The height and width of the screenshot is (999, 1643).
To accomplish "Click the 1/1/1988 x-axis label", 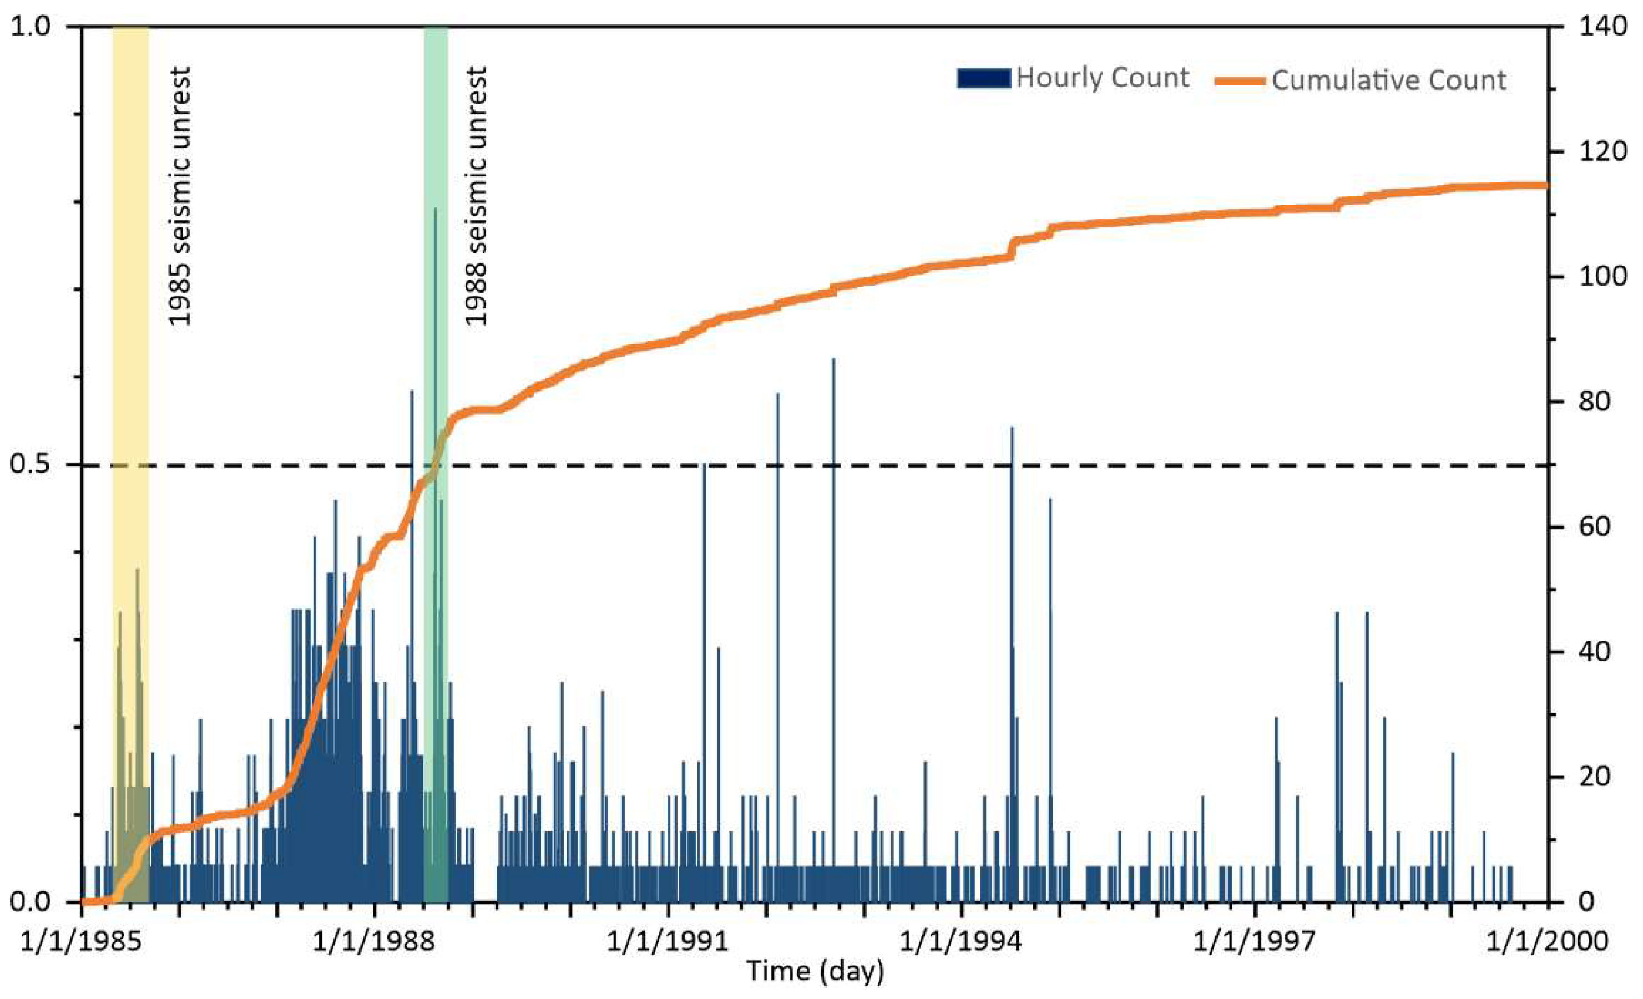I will pos(374,941).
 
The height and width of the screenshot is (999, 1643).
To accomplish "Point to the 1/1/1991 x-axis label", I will pos(668,941).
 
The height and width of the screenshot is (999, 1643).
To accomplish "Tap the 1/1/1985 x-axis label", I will pos(80,941).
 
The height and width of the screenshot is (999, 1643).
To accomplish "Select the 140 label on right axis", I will pos(1603,27).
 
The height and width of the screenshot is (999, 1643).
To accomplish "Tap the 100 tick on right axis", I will pos(1603,277).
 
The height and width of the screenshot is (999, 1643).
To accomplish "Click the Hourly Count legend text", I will pos(1102,78).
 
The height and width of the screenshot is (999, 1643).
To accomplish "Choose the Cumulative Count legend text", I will pos(1388,80).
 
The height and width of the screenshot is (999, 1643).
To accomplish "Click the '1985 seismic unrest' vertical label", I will pos(179,196).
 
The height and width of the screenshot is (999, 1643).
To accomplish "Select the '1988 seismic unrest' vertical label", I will pos(476,196).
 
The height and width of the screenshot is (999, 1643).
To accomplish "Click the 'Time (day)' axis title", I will pos(815,972).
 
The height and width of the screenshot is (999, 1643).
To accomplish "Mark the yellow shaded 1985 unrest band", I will pos(130,333).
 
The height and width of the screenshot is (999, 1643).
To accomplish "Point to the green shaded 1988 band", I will pos(436,133).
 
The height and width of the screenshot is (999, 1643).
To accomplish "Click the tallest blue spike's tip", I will pos(436,209).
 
